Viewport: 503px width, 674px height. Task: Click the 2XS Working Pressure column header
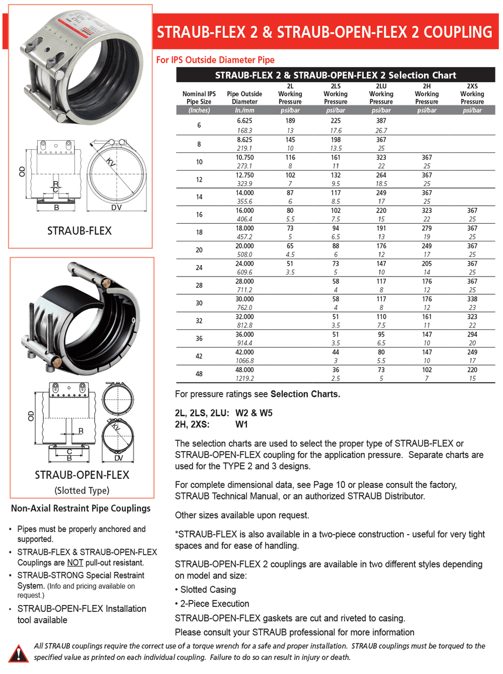pyautogui.click(x=472, y=94)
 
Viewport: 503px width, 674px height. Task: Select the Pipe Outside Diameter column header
pyautogui.click(x=244, y=98)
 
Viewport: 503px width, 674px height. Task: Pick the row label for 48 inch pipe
pyautogui.click(x=199, y=374)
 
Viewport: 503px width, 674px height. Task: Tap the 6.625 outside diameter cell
pyautogui.click(x=244, y=121)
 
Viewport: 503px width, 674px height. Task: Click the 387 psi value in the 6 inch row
pyautogui.click(x=381, y=121)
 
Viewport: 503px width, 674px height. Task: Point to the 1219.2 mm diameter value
pyautogui.click(x=244, y=379)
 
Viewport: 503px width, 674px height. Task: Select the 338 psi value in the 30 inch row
pyautogui.click(x=472, y=299)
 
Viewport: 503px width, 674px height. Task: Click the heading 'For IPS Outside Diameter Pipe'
pyautogui.click(x=215, y=60)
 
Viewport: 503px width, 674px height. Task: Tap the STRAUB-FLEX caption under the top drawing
pyautogui.click(x=79, y=231)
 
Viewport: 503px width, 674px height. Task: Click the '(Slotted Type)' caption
pyautogui.click(x=82, y=490)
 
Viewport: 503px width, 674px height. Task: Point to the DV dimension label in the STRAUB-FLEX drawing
pyautogui.click(x=116, y=207)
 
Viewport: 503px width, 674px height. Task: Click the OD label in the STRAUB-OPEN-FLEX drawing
pyautogui.click(x=31, y=416)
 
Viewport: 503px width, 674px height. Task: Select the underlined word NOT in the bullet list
pyautogui.click(x=75, y=563)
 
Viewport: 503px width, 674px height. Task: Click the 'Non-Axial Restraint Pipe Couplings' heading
pyautogui.click(x=80, y=509)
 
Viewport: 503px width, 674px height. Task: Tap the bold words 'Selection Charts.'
pyautogui.click(x=305, y=394)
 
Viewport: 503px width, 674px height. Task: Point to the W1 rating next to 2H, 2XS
pyautogui.click(x=241, y=425)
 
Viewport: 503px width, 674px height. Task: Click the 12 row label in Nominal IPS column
pyautogui.click(x=199, y=180)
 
